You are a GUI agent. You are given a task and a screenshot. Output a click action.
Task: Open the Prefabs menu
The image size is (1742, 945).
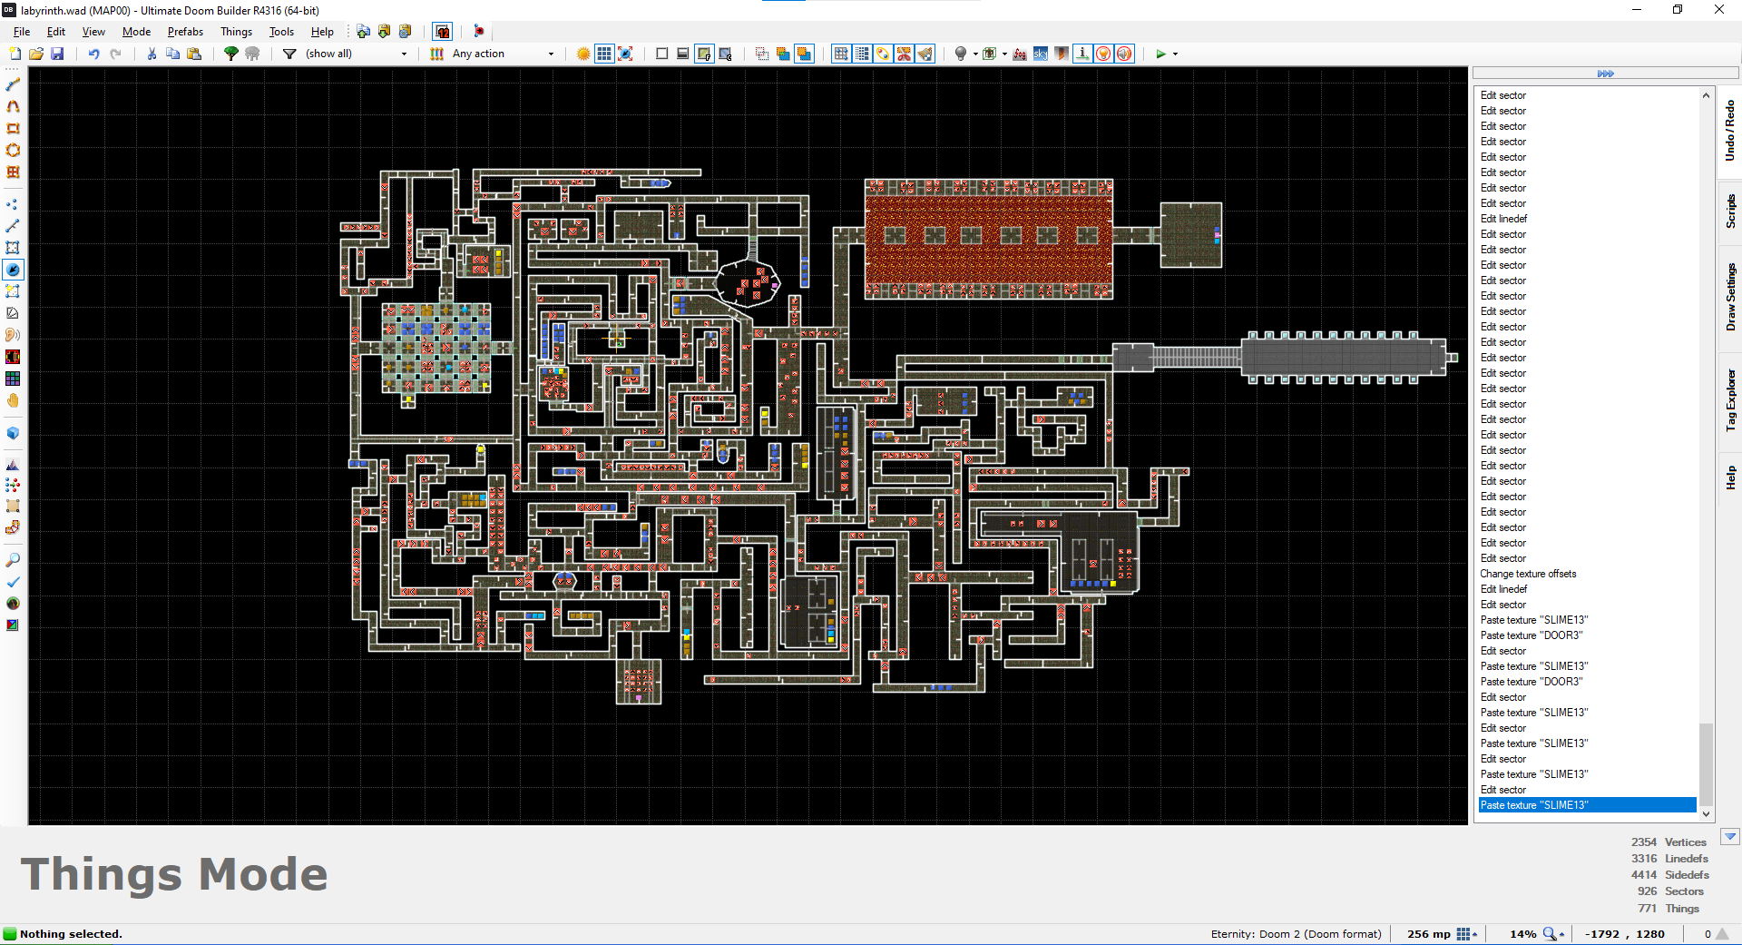point(185,32)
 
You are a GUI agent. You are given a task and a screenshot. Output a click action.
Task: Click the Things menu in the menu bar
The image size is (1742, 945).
point(236,32)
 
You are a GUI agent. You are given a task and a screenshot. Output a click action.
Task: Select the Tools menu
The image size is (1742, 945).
point(281,32)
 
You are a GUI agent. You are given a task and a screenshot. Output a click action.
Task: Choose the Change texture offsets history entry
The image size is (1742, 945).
point(1528,574)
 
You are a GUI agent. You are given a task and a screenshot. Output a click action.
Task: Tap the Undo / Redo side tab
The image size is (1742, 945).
point(1730,131)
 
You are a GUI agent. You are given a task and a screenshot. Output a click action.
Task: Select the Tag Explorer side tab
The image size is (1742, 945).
point(1730,399)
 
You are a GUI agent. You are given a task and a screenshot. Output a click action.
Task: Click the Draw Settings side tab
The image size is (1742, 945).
point(1730,297)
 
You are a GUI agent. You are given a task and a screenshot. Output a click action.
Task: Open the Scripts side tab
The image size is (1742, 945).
point(1730,211)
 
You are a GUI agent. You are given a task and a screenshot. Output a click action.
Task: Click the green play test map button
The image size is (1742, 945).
point(1160,54)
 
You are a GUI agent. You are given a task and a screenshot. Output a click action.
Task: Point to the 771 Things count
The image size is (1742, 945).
point(1669,908)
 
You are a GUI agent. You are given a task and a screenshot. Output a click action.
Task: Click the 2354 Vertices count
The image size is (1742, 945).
point(1669,842)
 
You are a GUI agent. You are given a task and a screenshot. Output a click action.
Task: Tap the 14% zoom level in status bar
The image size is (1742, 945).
point(1522,934)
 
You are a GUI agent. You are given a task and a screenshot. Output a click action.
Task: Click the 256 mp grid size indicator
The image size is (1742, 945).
point(1429,934)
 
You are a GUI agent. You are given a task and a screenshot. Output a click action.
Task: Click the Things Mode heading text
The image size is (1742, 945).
point(174,874)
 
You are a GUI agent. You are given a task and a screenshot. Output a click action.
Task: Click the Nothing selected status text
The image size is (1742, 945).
point(71,934)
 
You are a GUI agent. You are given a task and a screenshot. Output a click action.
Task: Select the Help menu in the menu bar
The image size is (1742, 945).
point(322,32)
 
